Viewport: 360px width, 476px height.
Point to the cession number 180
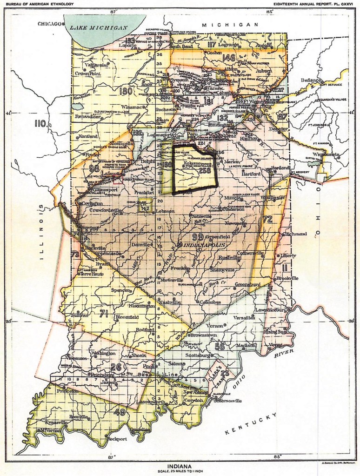[125, 91]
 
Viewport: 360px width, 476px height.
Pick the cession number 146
[229, 58]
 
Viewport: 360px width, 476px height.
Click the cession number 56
[220, 346]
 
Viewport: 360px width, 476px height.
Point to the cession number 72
[267, 219]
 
